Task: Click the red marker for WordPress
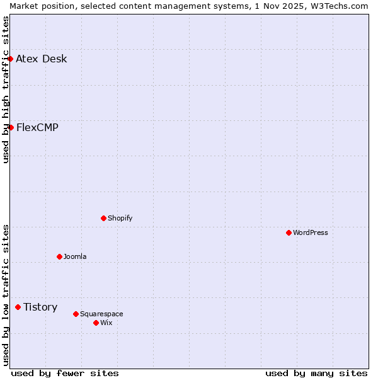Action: (x=289, y=232)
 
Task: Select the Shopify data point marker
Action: (x=104, y=218)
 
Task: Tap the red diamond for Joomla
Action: (x=60, y=256)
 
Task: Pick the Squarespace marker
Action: (x=76, y=314)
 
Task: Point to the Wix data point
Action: (x=96, y=323)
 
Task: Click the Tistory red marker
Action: (x=18, y=307)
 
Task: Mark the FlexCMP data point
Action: (x=11, y=127)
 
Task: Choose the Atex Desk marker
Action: (x=11, y=59)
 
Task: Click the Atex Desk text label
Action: (x=42, y=59)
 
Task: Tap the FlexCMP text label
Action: (x=37, y=128)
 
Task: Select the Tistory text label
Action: (x=40, y=307)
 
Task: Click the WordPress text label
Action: (x=311, y=233)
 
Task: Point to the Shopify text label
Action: (x=120, y=219)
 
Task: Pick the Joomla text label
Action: (x=75, y=257)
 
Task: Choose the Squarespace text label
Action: (x=101, y=314)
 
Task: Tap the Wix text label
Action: (x=106, y=323)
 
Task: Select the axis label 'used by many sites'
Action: (x=316, y=373)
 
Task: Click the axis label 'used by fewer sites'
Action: (x=65, y=373)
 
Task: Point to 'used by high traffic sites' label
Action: (x=6, y=89)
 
